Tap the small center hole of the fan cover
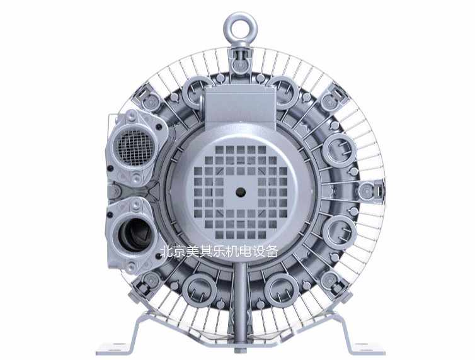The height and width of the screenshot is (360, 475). [x=241, y=191]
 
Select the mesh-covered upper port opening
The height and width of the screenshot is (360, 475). [x=135, y=148]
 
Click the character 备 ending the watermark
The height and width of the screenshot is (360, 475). [x=270, y=252]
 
